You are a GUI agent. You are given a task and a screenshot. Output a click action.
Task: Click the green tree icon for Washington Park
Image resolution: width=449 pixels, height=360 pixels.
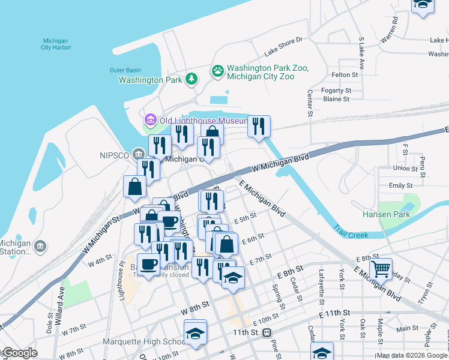coord(191,79)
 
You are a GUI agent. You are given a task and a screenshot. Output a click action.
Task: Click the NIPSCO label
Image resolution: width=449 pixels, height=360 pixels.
coord(114,156)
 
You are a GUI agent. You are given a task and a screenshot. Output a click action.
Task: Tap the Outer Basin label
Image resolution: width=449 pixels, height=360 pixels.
coord(125,70)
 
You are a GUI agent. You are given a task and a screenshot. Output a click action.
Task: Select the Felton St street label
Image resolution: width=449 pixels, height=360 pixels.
coord(345,75)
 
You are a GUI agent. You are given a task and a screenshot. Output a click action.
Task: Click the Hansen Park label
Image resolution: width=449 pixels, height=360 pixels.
coord(385,214)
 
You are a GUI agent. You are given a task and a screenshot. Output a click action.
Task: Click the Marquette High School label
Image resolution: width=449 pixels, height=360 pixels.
coord(152,342)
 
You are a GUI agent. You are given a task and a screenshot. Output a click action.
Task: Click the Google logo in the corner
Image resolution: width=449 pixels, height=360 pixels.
coord(19,353)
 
